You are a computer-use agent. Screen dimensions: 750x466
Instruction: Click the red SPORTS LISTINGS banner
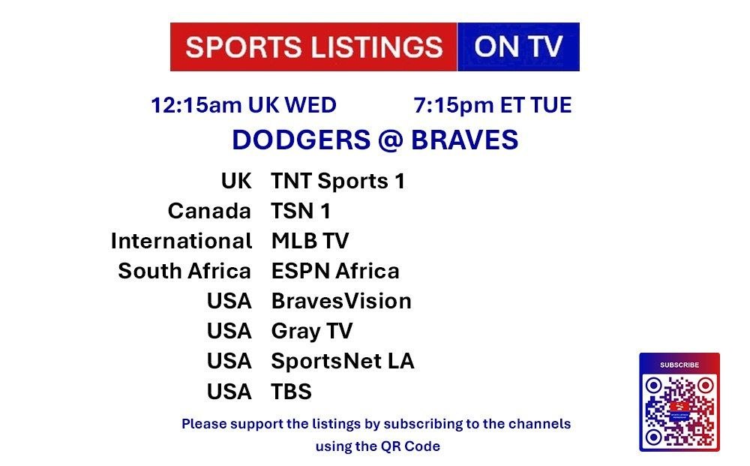pos(313,47)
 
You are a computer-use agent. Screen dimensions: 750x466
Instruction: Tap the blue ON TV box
pos(518,47)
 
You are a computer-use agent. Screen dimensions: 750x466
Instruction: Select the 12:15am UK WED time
pos(244,105)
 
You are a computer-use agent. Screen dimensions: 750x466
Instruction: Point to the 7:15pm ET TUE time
pos(493,105)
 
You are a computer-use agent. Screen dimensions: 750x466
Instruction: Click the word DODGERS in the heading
pos(301,140)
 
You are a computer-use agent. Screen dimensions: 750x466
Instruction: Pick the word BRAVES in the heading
pos(464,140)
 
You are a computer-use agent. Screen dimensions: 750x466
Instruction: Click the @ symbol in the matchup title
pos(391,140)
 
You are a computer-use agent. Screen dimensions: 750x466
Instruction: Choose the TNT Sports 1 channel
pos(337,182)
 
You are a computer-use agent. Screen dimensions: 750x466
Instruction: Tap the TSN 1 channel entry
pos(301,211)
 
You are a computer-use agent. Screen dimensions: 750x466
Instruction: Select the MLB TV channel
pos(310,241)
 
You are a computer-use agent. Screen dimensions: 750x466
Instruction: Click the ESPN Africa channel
pos(335,272)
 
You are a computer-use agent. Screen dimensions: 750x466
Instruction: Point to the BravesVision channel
pos(341,302)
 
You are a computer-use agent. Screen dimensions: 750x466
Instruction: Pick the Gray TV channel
pos(312,332)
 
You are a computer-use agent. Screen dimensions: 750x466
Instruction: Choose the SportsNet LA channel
pos(343,361)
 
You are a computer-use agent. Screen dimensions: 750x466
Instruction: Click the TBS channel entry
pos(291,392)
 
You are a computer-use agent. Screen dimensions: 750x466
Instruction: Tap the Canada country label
pos(209,211)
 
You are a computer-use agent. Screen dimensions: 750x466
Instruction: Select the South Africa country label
pos(184,272)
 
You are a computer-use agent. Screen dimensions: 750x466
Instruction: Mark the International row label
pos(181,241)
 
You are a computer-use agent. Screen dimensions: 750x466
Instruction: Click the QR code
pos(679,410)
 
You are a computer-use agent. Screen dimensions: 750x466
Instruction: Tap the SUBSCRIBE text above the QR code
pos(679,365)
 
